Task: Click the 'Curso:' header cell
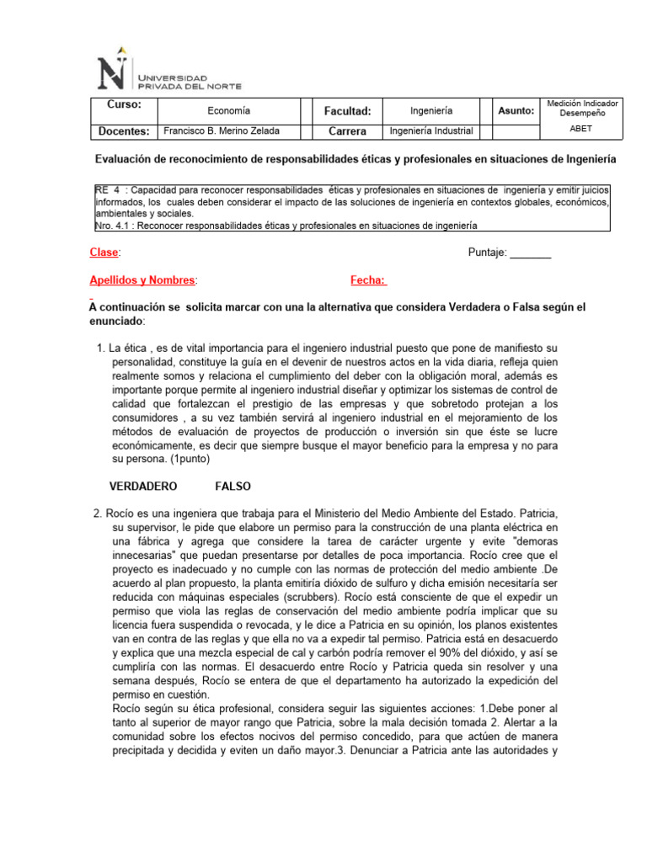coord(124,104)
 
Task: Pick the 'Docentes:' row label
coord(124,131)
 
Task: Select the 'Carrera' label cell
coord(348,131)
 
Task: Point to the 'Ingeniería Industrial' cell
coord(431,130)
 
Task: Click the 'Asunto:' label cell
coord(516,110)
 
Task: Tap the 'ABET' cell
coord(581,130)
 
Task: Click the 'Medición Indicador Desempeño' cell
coord(581,108)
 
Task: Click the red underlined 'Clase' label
coord(104,253)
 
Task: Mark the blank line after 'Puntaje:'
coord(531,253)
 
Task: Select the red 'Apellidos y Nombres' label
coord(142,280)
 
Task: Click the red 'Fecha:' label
coord(368,280)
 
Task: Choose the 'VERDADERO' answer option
coord(143,486)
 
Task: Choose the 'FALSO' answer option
coord(233,486)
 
